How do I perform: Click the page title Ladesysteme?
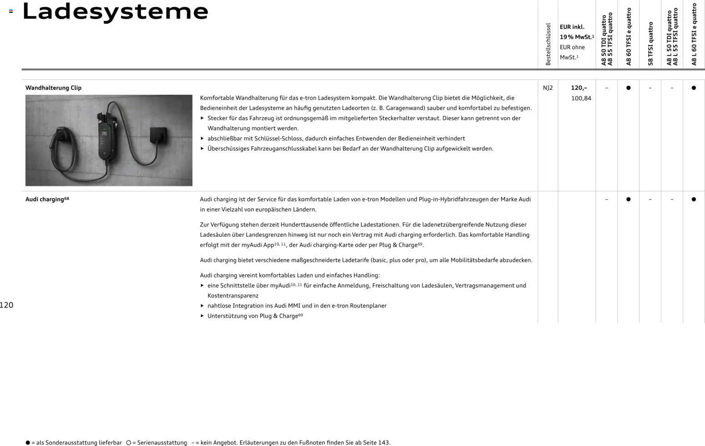click(115, 12)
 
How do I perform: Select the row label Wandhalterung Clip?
click(53, 88)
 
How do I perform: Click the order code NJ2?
click(548, 88)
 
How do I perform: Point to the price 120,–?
click(579, 88)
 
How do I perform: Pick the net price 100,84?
click(581, 98)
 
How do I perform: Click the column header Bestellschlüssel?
click(548, 44)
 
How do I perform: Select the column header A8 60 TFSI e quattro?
click(629, 36)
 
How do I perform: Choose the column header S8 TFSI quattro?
click(650, 43)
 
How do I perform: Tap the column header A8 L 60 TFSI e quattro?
click(694, 35)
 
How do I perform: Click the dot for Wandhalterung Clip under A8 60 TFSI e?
click(628, 88)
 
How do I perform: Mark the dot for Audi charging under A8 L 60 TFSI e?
click(694, 199)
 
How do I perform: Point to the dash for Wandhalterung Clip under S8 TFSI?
click(650, 88)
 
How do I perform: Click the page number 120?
click(7, 305)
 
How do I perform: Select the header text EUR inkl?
click(572, 27)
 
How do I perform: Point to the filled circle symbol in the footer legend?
click(28, 442)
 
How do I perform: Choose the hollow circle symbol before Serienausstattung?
click(128, 442)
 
